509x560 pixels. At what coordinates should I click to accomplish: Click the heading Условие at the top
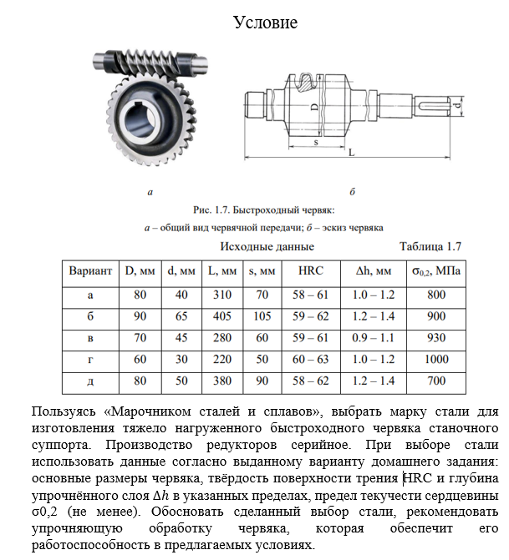click(x=264, y=22)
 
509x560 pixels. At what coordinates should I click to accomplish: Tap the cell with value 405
click(x=221, y=316)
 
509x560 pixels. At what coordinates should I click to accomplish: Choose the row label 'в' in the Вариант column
click(x=89, y=338)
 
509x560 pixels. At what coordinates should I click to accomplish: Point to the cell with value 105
click(x=262, y=316)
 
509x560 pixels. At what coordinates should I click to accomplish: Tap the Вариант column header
click(x=89, y=271)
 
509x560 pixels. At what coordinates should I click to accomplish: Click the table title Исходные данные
click(x=267, y=246)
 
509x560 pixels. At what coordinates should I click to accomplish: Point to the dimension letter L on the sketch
click(x=351, y=153)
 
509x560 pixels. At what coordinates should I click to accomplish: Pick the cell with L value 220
click(x=221, y=360)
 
